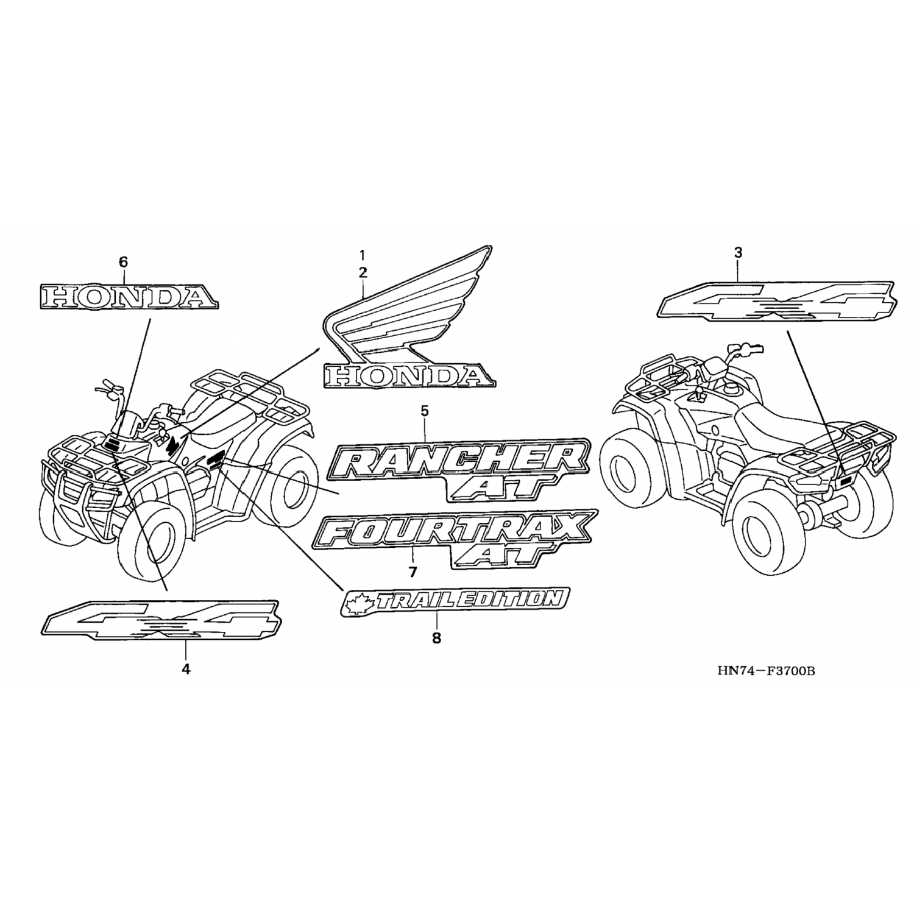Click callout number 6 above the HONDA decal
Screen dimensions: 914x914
coord(123,262)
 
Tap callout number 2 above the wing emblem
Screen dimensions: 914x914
coord(363,272)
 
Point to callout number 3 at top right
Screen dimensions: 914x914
coord(738,252)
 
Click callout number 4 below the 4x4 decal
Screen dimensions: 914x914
coord(186,668)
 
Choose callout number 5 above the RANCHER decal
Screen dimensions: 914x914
coord(424,411)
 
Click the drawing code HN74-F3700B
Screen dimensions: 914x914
coord(766,671)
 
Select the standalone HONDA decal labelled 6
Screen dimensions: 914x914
coord(127,297)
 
